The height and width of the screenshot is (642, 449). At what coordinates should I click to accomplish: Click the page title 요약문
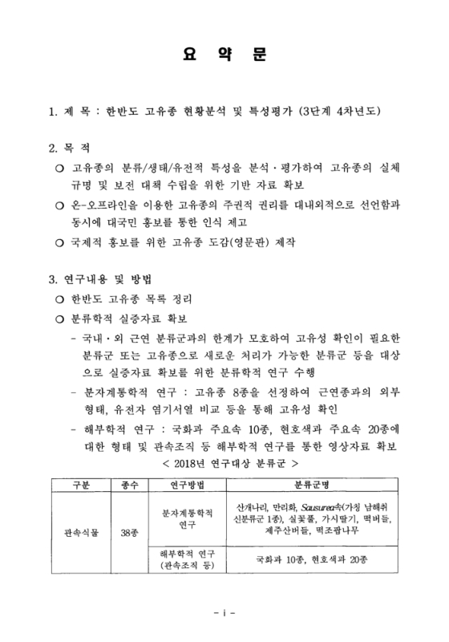224,58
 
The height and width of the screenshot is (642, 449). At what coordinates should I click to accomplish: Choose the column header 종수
129,485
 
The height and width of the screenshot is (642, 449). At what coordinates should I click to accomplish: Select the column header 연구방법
185,485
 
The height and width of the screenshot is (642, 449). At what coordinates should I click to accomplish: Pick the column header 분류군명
312,485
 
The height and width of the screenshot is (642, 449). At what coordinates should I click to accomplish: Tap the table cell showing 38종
129,531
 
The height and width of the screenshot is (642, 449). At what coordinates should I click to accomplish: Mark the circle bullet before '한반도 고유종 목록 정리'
59,299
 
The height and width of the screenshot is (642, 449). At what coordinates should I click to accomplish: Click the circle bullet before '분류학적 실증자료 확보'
59,319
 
